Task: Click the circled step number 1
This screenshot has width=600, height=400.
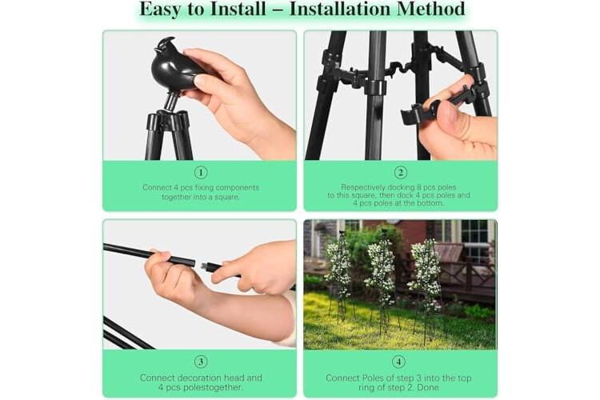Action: [201, 173]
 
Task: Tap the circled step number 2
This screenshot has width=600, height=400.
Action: [401, 173]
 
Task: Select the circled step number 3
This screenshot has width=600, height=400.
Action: [201, 362]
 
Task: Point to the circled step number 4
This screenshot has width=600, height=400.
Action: [398, 362]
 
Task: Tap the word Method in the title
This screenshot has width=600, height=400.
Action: [431, 9]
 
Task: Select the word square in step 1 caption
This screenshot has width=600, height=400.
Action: [227, 197]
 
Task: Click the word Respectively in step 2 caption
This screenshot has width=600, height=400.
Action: [363, 187]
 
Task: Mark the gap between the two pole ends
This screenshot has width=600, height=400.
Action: [198, 264]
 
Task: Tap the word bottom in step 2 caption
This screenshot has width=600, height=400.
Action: [430, 203]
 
